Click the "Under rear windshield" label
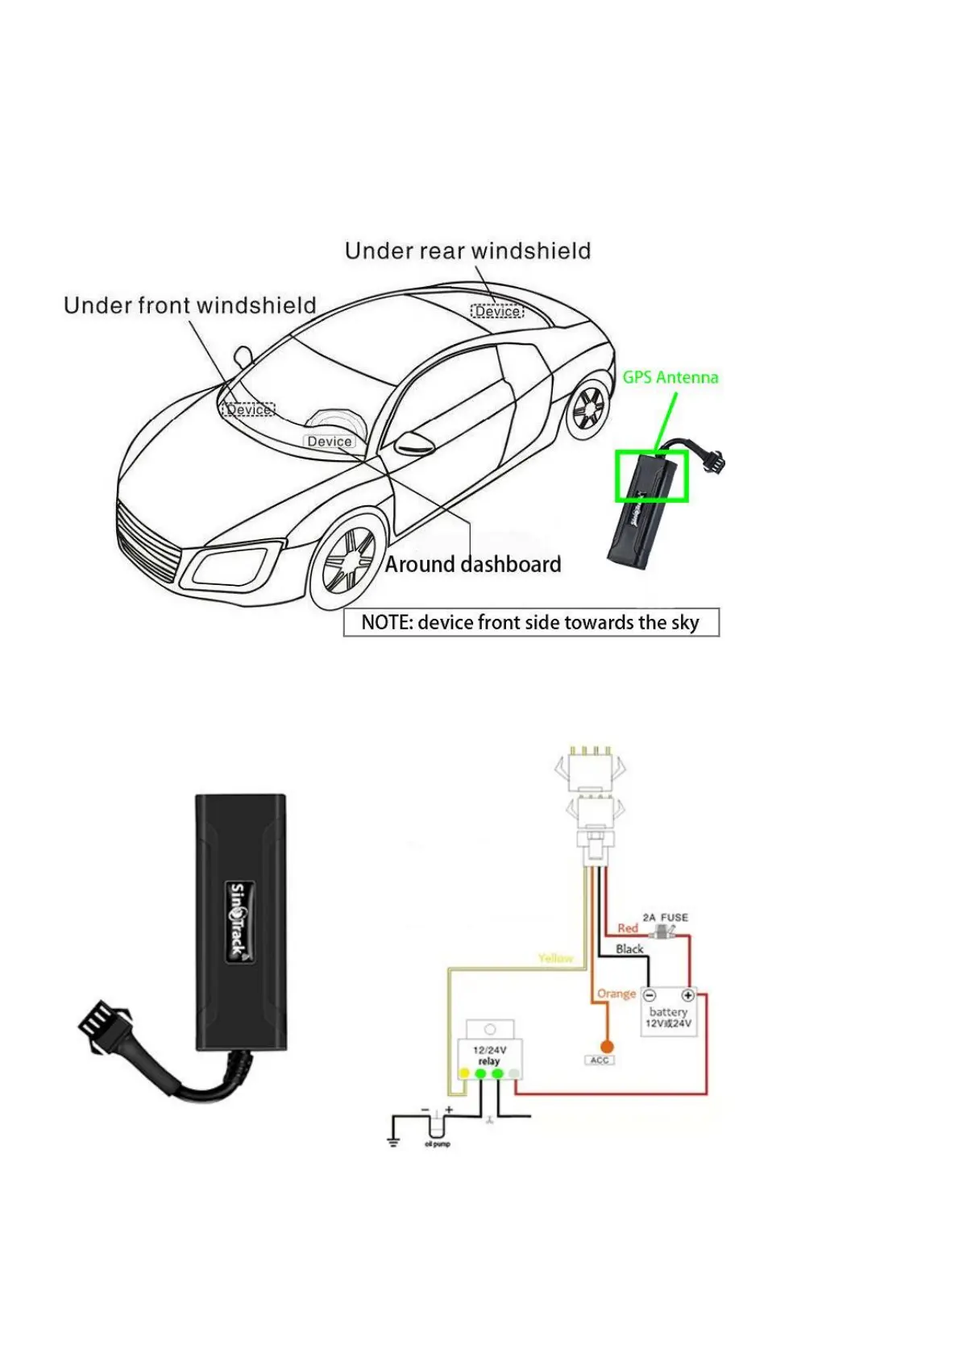point(467,251)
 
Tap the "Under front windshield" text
point(190,305)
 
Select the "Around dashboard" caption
point(472,564)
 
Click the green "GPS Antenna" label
point(670,377)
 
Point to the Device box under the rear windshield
point(497,311)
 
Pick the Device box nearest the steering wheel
point(329,442)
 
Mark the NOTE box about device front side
point(530,622)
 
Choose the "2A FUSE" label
point(665,917)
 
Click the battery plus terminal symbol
point(687,995)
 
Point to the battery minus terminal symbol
point(650,995)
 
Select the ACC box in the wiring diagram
point(600,1060)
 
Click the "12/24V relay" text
point(488,1056)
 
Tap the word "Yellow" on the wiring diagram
point(555,958)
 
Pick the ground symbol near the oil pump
point(393,1140)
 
